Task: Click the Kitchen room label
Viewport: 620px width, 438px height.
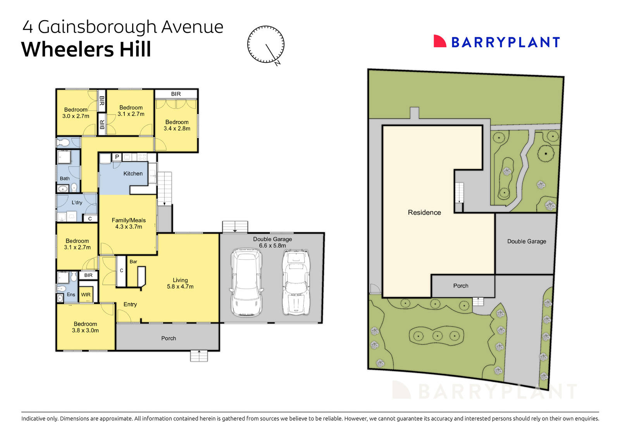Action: point(133,174)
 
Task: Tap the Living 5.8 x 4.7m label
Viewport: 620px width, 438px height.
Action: point(180,283)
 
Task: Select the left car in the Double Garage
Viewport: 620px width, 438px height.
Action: point(246,283)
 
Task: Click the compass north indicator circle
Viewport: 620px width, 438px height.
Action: point(266,44)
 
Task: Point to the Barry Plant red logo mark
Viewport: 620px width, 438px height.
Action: point(439,41)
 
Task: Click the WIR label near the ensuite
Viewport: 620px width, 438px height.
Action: point(86,295)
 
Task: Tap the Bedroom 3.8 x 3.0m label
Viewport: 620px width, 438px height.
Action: point(85,327)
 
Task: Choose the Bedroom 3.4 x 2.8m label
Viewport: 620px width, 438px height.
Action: point(177,125)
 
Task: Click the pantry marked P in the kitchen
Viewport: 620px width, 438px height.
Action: point(117,157)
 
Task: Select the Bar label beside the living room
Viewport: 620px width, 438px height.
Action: point(133,262)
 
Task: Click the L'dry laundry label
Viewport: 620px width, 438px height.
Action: point(77,202)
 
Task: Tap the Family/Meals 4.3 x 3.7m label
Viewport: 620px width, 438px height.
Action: point(129,223)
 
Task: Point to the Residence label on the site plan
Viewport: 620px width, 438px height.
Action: point(424,212)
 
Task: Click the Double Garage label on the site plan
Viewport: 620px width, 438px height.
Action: point(527,241)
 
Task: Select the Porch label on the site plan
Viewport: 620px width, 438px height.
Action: point(461,286)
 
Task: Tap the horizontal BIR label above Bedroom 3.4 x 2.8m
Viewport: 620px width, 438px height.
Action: point(176,94)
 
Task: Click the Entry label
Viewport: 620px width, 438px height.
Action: point(130,304)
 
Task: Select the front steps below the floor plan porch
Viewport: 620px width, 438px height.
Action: point(199,356)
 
